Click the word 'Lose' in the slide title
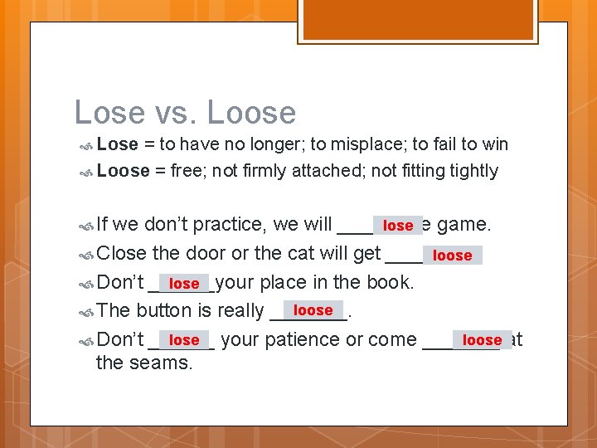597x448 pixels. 106,112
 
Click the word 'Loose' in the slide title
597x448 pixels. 251,112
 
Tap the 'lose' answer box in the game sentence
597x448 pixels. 398,225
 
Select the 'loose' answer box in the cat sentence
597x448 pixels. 452,255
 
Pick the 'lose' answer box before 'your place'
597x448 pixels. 184,284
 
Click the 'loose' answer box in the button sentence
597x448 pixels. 313,310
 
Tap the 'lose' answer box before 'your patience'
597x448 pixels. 184,339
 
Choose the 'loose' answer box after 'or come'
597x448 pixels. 483,339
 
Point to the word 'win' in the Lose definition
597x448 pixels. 495,144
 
